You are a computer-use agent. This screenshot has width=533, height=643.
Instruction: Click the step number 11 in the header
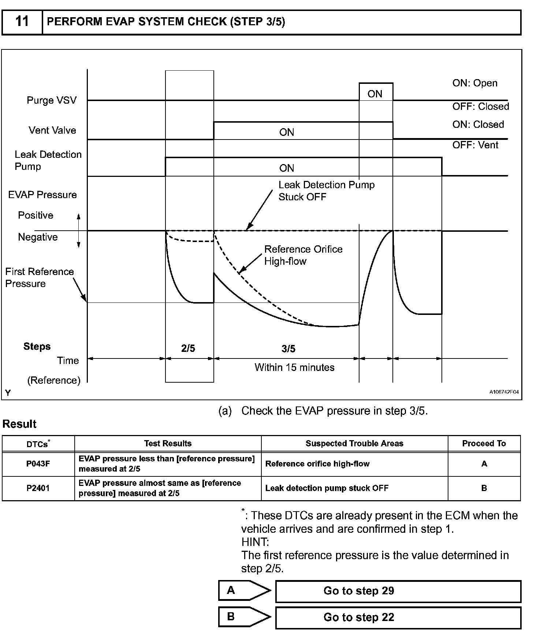22,22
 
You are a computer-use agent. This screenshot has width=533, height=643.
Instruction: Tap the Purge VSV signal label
52,100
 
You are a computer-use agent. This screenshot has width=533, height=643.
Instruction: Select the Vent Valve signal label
52,130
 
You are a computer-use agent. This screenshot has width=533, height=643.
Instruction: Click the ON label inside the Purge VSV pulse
375,94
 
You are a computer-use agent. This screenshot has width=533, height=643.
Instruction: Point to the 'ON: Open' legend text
475,83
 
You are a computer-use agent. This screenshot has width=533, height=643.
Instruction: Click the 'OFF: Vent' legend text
475,145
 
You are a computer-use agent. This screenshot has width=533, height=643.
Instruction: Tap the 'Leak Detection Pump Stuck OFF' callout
326,191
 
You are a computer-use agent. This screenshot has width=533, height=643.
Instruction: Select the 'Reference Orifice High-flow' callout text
303,255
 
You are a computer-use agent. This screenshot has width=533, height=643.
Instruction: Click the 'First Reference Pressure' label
39,278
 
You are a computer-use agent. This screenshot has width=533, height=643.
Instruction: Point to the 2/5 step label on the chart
188,348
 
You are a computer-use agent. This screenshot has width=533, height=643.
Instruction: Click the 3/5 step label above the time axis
288,349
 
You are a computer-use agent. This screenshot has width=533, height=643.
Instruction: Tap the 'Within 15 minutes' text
294,367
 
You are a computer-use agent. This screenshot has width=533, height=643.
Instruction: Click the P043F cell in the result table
38,464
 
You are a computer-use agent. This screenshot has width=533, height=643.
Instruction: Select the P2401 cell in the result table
38,488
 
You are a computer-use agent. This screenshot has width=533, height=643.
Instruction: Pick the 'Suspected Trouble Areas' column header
354,443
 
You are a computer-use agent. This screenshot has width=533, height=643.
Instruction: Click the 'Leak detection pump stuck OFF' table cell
327,488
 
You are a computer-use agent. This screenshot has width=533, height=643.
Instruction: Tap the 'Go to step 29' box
398,591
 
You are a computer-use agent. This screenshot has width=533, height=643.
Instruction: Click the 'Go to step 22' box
398,617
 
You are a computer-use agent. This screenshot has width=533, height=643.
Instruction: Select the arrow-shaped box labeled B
243,617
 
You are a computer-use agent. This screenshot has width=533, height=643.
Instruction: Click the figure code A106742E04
504,392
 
